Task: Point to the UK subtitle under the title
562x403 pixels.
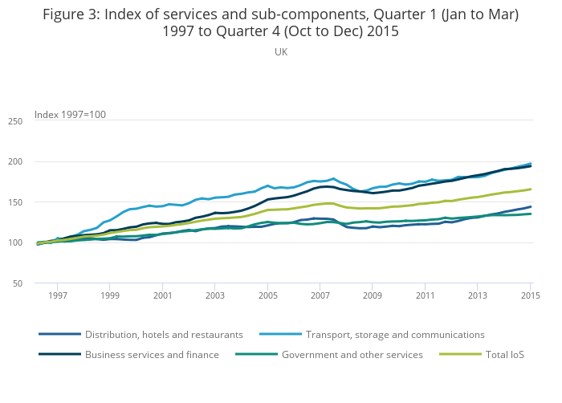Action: coord(281,52)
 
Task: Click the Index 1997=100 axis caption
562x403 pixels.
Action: coord(70,115)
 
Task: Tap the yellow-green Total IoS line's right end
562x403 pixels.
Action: coord(531,189)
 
